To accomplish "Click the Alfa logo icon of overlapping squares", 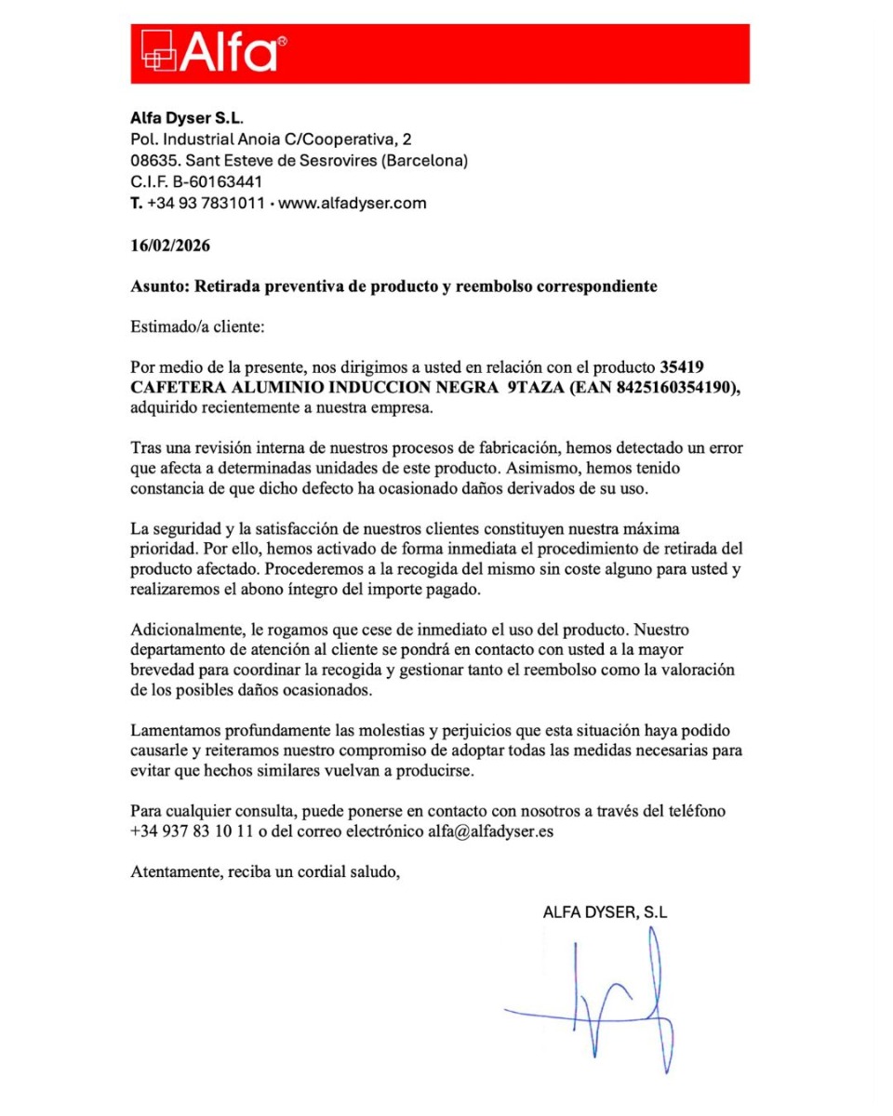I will pos(158,53).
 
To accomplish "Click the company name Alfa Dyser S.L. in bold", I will pos(186,119).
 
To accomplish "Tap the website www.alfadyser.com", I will pos(353,203).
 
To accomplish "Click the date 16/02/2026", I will pos(170,246).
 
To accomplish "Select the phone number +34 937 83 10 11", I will pos(193,831).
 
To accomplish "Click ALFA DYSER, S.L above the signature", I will pos(605,912).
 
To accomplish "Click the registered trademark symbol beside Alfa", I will pos(283,41).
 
